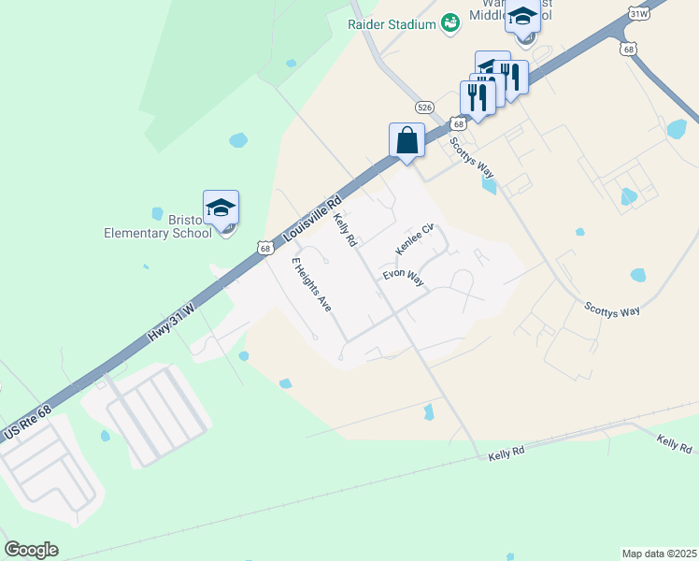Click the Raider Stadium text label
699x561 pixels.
pos(392,24)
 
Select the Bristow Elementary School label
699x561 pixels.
pos(158,226)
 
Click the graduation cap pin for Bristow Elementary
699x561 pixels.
pos(221,209)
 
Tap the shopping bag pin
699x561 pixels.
pos(407,141)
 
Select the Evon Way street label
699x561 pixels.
pos(403,280)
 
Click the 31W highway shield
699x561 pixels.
pos(639,14)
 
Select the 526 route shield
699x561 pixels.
pos(425,107)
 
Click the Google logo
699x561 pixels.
pos(31,550)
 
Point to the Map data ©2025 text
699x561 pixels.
pos(659,554)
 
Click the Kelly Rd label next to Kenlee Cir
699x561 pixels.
pos(345,229)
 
